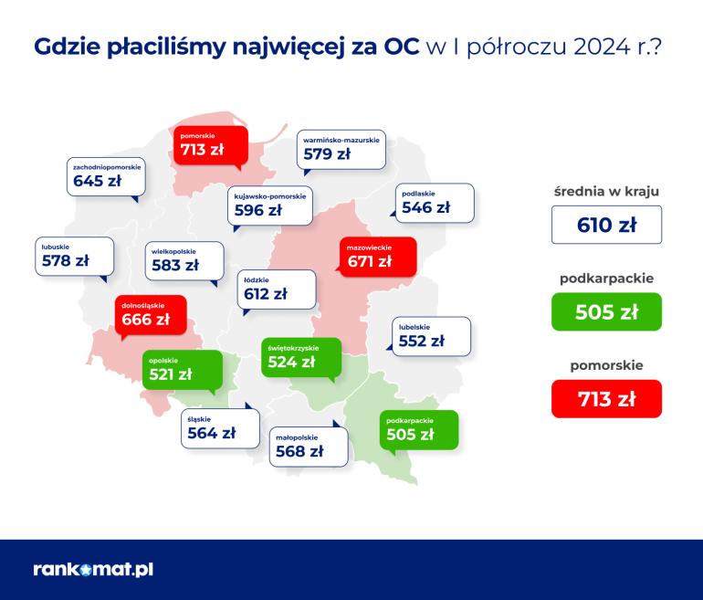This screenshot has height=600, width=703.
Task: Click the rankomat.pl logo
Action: [x=93, y=569]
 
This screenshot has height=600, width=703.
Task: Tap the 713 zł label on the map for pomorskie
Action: [x=211, y=145]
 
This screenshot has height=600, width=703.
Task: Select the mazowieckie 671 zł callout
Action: [x=378, y=257]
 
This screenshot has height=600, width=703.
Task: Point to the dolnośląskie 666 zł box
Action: [x=151, y=315]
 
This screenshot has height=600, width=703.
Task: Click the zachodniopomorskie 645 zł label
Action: [x=106, y=176]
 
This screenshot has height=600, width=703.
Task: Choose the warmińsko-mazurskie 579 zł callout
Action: [x=341, y=150]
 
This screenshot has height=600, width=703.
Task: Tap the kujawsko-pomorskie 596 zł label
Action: [x=270, y=205]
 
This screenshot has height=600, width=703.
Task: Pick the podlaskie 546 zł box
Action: [x=435, y=203]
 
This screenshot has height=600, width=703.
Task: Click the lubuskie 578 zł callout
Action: [x=75, y=257]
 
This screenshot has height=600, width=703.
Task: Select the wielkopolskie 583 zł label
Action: [x=184, y=261]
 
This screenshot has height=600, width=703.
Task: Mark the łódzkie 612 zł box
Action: [x=277, y=289]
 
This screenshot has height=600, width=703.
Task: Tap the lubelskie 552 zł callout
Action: [x=431, y=336]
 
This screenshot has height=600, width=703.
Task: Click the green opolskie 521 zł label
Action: [x=183, y=370]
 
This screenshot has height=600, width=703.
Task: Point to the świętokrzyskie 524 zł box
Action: [x=301, y=357]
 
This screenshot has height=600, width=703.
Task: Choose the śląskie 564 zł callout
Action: [x=220, y=428]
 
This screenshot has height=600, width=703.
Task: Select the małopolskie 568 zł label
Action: [x=309, y=447]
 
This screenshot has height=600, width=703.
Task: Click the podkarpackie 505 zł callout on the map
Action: [x=419, y=430]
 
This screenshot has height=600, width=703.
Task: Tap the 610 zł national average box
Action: [x=606, y=225]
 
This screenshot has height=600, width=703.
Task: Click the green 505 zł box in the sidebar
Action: [x=606, y=311]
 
